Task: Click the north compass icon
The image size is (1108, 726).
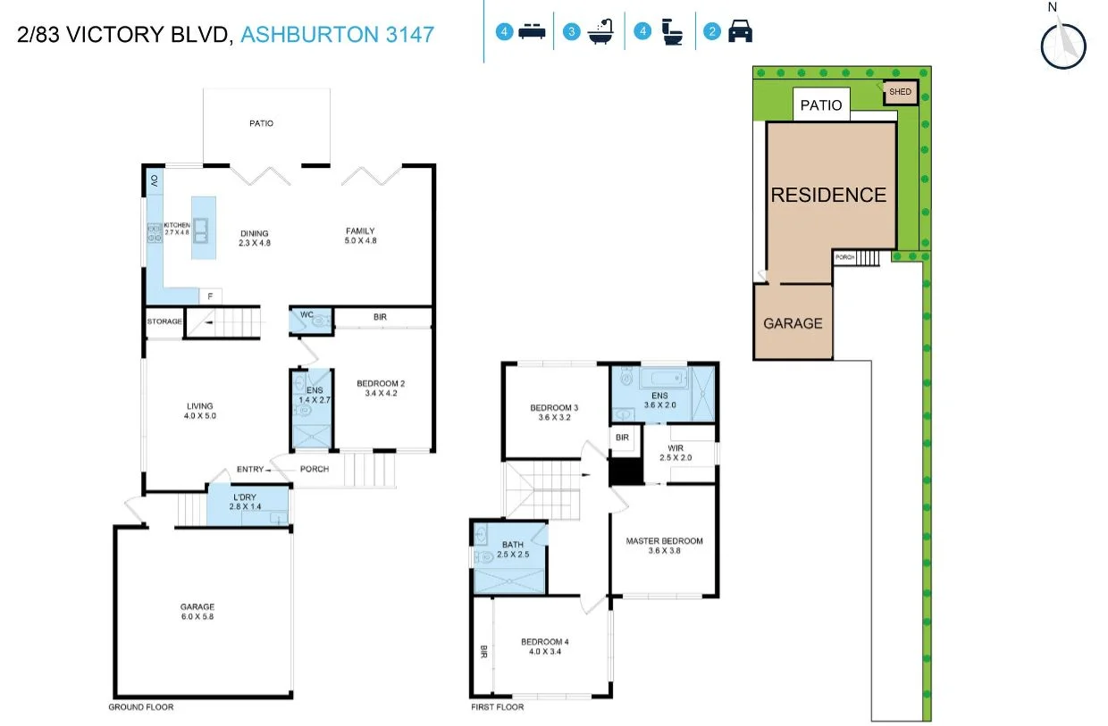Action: (x=1063, y=44)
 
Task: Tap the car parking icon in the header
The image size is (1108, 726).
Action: (x=740, y=33)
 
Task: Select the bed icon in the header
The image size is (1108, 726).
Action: (x=532, y=33)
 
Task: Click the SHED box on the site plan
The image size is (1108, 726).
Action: (x=900, y=91)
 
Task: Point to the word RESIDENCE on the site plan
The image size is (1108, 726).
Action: (x=828, y=195)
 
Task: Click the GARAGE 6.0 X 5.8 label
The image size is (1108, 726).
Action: (x=197, y=612)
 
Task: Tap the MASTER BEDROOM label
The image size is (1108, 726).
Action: (x=664, y=546)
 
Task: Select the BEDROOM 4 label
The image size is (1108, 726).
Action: (x=543, y=647)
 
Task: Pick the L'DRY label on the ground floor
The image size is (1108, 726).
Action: (x=246, y=501)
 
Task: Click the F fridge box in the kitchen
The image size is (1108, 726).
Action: (x=211, y=296)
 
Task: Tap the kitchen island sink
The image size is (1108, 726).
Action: (x=203, y=231)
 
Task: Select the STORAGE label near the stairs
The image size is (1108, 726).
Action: (x=164, y=321)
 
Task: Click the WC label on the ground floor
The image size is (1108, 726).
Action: (x=306, y=314)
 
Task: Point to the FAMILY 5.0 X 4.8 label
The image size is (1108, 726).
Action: (x=360, y=236)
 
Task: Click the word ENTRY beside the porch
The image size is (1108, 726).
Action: (x=250, y=470)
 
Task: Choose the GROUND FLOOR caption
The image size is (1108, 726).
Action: (x=141, y=707)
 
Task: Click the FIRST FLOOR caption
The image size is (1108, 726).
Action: (x=497, y=707)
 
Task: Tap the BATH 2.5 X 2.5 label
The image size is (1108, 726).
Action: (x=513, y=549)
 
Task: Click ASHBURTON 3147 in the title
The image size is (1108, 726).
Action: (x=338, y=35)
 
